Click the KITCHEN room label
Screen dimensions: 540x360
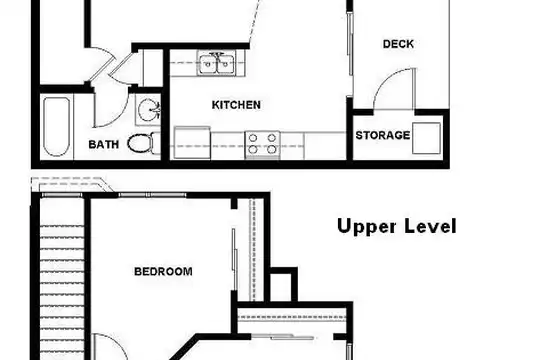(x=236, y=105)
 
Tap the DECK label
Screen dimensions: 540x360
(x=398, y=44)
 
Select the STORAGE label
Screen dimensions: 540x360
(x=383, y=135)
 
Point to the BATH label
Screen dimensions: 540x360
(x=104, y=144)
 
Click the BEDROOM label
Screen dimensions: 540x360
(x=163, y=272)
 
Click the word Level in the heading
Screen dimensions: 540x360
(x=430, y=226)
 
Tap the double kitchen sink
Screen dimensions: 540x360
(x=217, y=63)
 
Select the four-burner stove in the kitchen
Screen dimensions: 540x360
(x=262, y=144)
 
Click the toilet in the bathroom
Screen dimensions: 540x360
(x=141, y=143)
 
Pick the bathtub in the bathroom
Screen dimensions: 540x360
(x=56, y=127)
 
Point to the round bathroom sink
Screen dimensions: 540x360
(x=149, y=110)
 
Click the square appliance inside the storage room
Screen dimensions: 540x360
(x=426, y=138)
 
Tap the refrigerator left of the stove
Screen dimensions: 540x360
(x=192, y=143)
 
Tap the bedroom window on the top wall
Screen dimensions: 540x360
(x=152, y=195)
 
